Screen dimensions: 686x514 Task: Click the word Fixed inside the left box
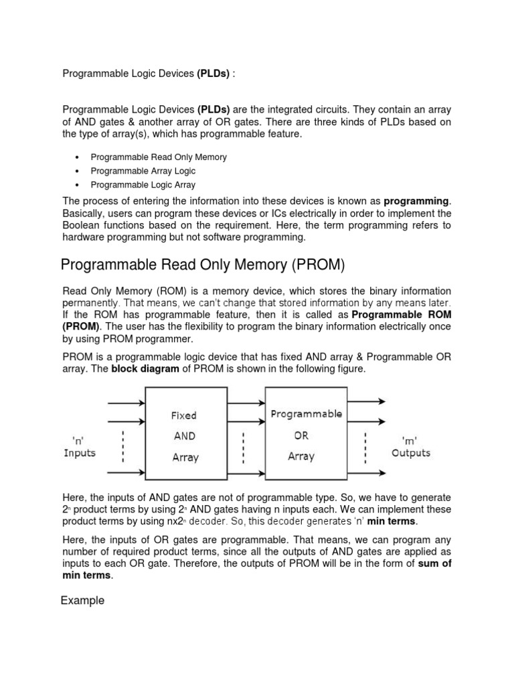tap(184, 415)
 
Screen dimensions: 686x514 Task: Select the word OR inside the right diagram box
tap(301, 435)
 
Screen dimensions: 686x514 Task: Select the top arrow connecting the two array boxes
tap(242, 403)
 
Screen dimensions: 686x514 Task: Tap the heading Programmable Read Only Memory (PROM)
tap(202, 265)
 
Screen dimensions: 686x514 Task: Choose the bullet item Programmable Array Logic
tap(143, 171)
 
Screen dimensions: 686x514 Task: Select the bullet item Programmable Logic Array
tap(143, 185)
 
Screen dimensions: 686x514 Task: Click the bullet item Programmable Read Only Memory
tap(159, 157)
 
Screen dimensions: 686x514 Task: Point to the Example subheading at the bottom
tap(82, 600)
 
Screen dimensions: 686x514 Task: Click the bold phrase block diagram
tap(142, 369)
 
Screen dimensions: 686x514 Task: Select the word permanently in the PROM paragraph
tap(92, 302)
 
